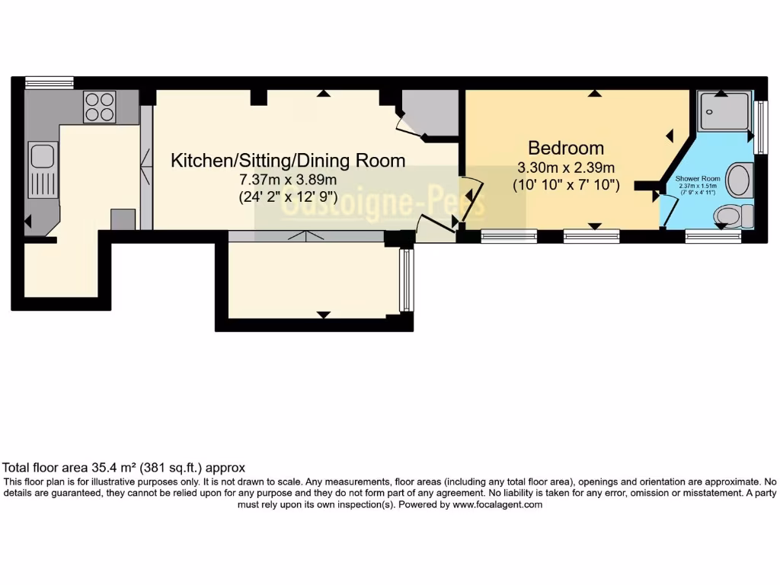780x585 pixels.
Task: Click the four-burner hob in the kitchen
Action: [x=99, y=107]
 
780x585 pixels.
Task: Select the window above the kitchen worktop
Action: [x=49, y=82]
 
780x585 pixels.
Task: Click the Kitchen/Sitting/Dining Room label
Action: [x=288, y=161]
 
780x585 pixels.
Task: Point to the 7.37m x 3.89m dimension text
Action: [x=288, y=180]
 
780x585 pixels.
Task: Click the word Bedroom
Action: [x=566, y=148]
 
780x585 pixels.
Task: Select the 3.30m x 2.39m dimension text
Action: [x=566, y=168]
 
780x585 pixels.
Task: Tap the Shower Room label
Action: [x=698, y=178]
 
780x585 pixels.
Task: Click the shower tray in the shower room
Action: [x=724, y=111]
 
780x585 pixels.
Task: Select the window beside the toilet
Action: [x=713, y=237]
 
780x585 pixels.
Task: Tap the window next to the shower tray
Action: [x=759, y=122]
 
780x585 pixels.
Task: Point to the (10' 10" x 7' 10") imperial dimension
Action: [x=566, y=185]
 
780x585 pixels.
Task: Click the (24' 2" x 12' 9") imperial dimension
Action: [x=288, y=197]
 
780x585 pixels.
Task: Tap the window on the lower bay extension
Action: [x=406, y=280]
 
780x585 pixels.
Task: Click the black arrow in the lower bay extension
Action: [x=324, y=315]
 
